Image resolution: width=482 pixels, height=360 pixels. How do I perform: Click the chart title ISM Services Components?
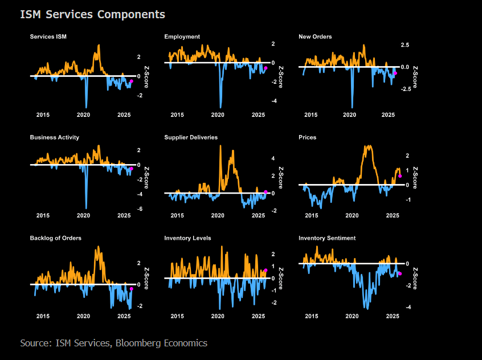(x=92, y=14)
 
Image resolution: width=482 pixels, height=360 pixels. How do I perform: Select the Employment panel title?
(x=182, y=37)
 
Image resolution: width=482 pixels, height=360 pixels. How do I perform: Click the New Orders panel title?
(x=315, y=37)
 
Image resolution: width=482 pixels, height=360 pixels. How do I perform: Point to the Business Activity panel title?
(x=55, y=137)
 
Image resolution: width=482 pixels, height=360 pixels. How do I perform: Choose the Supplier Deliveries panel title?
(x=191, y=137)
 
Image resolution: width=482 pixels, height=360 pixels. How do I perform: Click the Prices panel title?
(x=308, y=137)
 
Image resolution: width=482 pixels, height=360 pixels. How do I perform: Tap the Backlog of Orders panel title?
(x=55, y=238)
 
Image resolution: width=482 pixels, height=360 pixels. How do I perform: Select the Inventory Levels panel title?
(x=187, y=238)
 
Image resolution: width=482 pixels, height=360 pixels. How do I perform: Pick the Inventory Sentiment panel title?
(x=327, y=238)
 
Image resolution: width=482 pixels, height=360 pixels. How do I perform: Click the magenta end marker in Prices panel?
(x=400, y=176)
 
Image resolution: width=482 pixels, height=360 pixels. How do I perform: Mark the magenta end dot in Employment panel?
(x=265, y=68)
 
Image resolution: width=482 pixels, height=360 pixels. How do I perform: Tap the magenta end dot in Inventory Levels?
(x=265, y=271)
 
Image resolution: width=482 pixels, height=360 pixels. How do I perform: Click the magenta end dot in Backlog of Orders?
(x=132, y=289)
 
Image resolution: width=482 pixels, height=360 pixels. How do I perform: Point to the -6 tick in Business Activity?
(x=140, y=209)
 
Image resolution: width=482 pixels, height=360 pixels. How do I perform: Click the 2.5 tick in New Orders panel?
(x=406, y=44)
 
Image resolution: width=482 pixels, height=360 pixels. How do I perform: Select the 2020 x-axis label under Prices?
(x=352, y=216)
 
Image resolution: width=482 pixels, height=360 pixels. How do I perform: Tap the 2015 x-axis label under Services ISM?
(x=43, y=115)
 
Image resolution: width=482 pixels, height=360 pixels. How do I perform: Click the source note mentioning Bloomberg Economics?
(x=113, y=343)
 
